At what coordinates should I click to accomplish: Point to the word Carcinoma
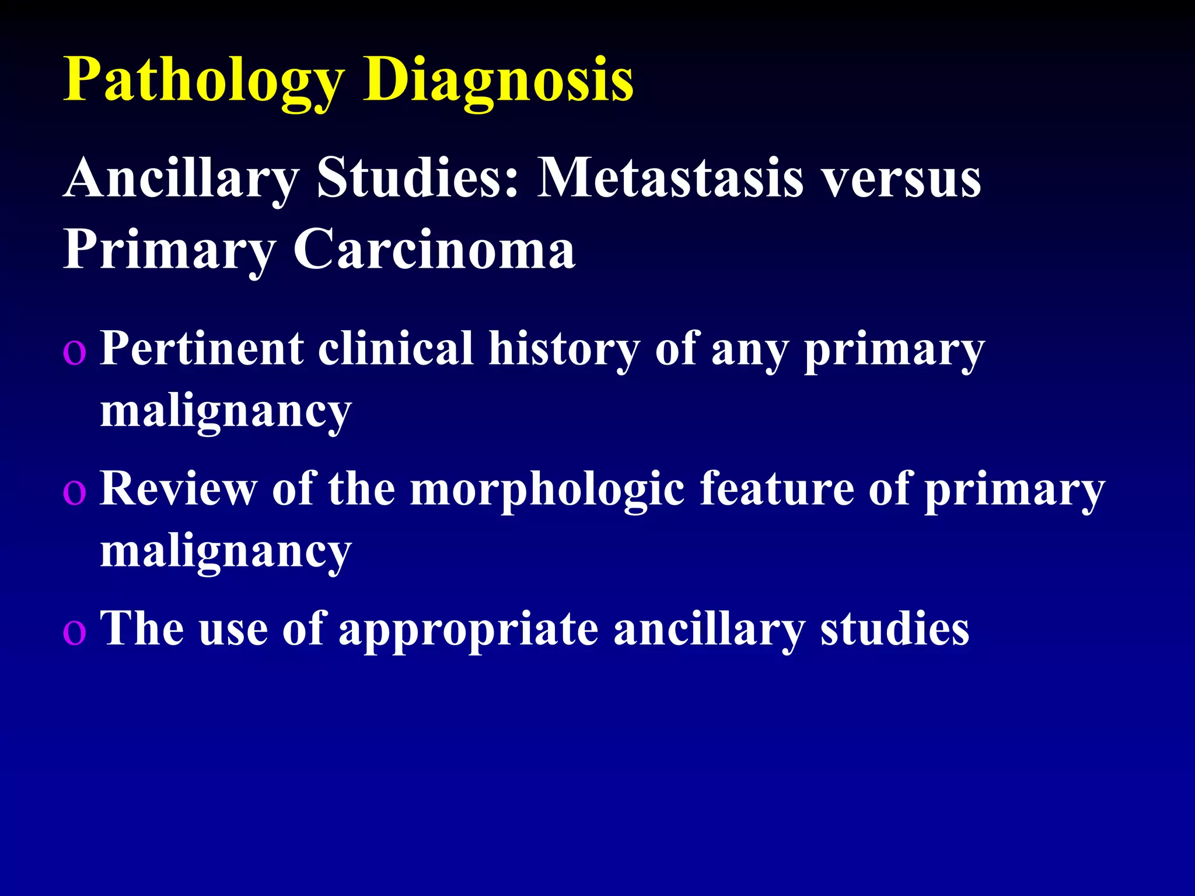(x=434, y=250)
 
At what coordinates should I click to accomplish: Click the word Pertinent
(x=202, y=349)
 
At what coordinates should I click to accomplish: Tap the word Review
(x=179, y=489)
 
